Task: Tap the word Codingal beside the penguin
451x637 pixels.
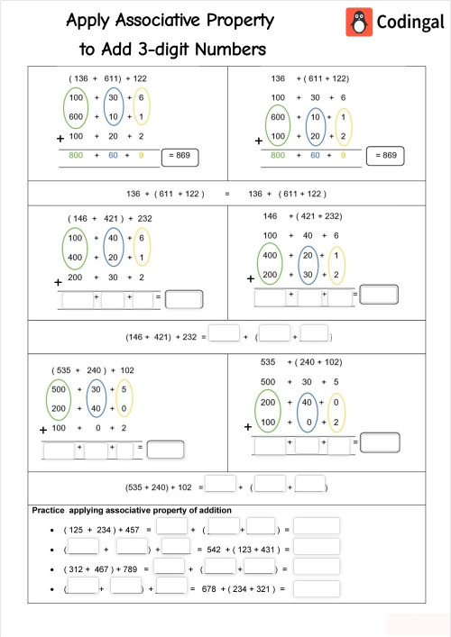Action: pyautogui.click(x=401, y=21)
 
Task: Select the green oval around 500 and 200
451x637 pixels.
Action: pyautogui.click(x=60, y=398)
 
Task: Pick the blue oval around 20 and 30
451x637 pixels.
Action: pyautogui.click(x=308, y=264)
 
